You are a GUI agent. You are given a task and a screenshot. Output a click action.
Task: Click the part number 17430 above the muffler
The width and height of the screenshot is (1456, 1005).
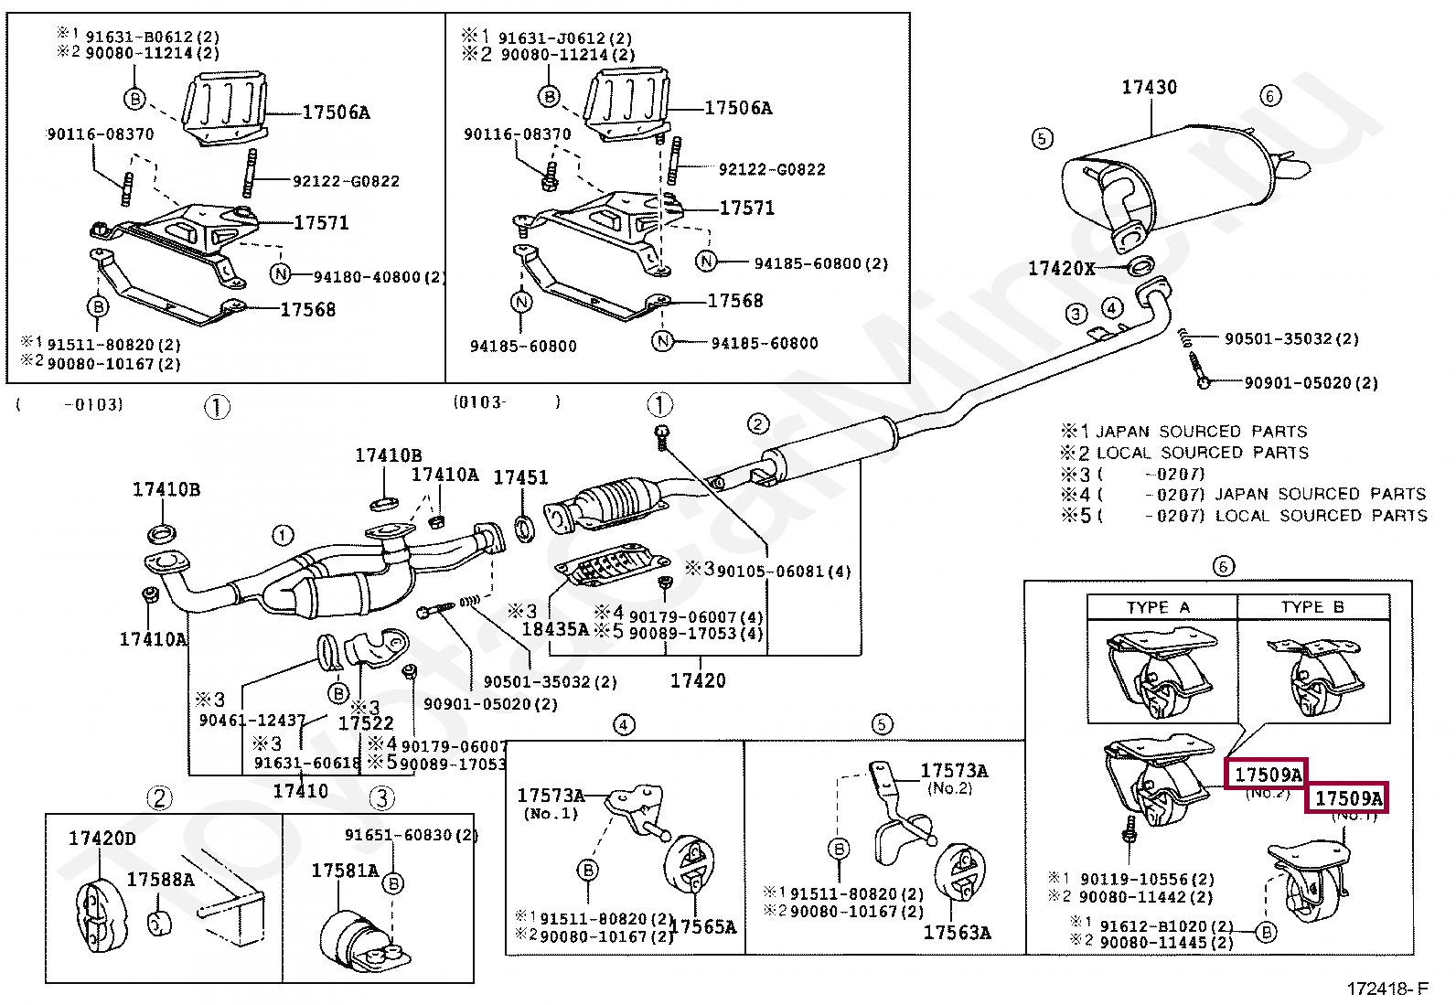coord(1149,88)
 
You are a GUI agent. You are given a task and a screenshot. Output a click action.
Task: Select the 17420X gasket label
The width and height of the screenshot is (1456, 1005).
coord(1061,268)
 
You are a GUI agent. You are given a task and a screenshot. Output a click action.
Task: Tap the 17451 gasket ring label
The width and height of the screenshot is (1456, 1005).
coord(520,477)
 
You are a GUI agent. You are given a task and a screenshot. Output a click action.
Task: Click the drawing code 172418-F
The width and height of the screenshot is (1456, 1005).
coord(1386,989)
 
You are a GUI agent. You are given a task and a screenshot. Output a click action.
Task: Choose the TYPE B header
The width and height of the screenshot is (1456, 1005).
coord(1312,607)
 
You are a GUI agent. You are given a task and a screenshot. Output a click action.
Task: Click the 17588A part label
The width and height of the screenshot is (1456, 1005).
coord(160,880)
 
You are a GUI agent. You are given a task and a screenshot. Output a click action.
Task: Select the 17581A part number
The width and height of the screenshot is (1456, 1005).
coord(345,871)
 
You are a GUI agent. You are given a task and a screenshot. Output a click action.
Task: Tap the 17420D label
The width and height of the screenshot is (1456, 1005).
coord(102,839)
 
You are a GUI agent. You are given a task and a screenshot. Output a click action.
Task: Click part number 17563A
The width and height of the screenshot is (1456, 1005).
coord(957,933)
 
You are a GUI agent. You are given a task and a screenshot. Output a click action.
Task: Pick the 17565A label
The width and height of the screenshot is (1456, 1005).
coord(702,927)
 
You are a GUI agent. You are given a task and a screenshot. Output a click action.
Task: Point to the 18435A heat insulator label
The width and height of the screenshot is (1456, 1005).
coord(555,629)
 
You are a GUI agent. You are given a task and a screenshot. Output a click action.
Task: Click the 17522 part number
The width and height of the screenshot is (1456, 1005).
coord(366,723)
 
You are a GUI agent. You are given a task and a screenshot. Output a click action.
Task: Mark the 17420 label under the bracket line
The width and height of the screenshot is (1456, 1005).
coord(698,680)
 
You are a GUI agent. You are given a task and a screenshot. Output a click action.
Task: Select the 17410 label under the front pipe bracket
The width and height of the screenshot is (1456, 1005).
coord(300,791)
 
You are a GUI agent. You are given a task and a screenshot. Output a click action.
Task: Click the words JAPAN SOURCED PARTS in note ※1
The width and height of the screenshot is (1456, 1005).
coord(1201,432)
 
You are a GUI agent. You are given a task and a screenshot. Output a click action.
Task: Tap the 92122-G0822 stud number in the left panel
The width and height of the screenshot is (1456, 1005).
coord(346,181)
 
